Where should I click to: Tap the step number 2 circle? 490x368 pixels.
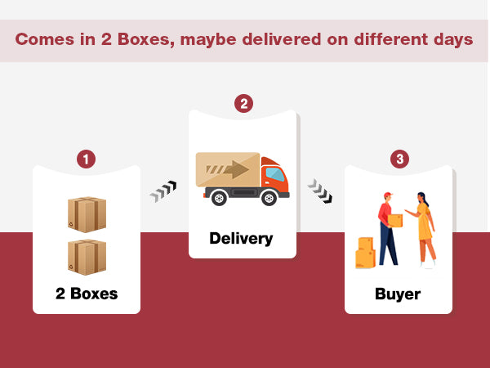pyautogui.click(x=243, y=104)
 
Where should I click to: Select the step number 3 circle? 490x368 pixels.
pyautogui.click(x=399, y=159)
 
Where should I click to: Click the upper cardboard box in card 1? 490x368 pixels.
pyautogui.click(x=87, y=214)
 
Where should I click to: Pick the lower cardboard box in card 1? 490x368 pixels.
pyautogui.click(x=87, y=256)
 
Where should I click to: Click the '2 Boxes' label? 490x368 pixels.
pyautogui.click(x=87, y=294)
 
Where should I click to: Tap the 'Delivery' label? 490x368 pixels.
pyautogui.click(x=241, y=239)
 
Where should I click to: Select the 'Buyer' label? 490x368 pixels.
pyautogui.click(x=398, y=294)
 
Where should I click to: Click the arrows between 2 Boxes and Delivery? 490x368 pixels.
pyautogui.click(x=163, y=192)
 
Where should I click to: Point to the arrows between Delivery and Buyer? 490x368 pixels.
pyautogui.click(x=319, y=192)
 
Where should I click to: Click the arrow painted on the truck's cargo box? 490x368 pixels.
pyautogui.click(x=232, y=170)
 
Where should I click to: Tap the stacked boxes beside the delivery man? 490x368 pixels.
pyautogui.click(x=364, y=253)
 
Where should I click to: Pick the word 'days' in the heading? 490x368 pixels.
pyautogui.click(x=453, y=39)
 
